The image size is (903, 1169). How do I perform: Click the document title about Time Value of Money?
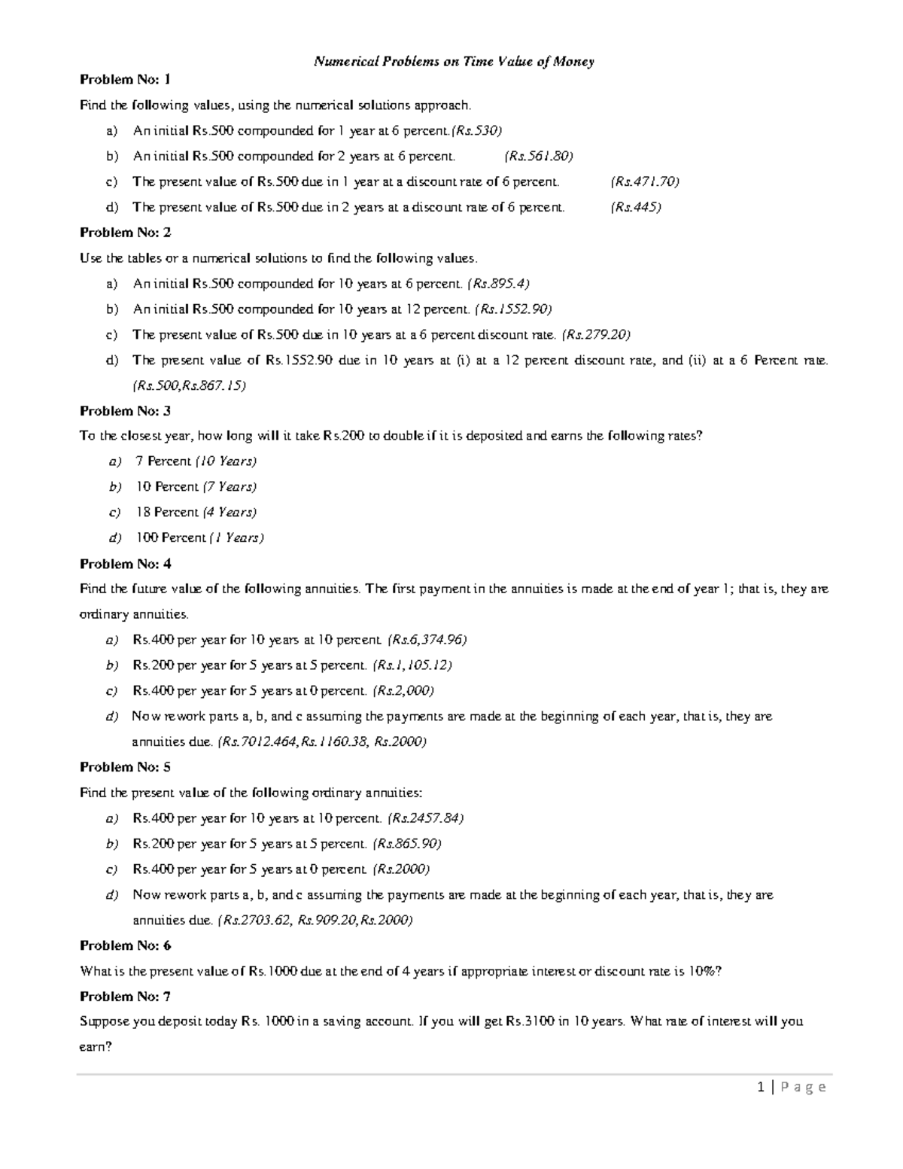(454, 62)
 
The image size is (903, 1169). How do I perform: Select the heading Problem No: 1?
(126, 79)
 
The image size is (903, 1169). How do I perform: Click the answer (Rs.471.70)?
(645, 181)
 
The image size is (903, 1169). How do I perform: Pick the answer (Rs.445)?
(636, 207)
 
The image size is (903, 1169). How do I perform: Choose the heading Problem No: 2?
(126, 233)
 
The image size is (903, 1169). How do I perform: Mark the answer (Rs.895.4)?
(498, 284)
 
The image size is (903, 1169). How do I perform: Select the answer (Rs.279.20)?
(596, 334)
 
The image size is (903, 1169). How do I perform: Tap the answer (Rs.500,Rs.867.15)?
(189, 385)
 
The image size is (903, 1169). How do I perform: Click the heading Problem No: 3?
(126, 411)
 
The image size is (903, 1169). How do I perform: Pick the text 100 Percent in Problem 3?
(170, 537)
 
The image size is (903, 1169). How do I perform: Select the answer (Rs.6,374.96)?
(427, 640)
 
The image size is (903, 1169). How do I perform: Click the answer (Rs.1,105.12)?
(412, 665)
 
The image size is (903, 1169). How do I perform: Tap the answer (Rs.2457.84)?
(425, 818)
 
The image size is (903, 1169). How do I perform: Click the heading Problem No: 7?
(126, 997)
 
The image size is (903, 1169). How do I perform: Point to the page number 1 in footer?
(762, 1087)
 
